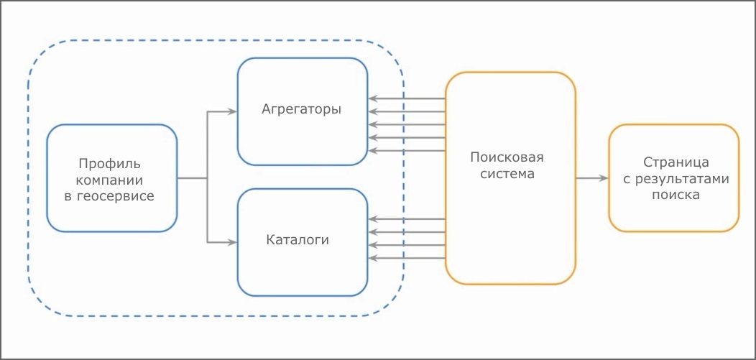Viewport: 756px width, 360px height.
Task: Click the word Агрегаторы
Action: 302,110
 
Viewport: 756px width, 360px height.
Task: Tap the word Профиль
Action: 110,163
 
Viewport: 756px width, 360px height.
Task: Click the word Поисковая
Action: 507,157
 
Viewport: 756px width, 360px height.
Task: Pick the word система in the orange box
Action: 508,174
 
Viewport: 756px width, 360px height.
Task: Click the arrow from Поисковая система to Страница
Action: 591,178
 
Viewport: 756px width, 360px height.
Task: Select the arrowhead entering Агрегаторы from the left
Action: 232,111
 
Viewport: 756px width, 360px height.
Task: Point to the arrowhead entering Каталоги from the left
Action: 232,242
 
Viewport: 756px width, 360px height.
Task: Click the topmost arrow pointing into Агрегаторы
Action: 406,98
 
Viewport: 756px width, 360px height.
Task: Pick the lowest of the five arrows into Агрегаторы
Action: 406,151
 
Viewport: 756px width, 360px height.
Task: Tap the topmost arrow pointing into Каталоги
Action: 406,218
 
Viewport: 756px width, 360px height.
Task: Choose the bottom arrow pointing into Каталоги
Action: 406,258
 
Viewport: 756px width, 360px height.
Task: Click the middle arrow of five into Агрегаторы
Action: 406,124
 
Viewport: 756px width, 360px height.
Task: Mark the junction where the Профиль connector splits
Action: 207,178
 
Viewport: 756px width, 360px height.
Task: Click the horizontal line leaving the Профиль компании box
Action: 192,178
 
